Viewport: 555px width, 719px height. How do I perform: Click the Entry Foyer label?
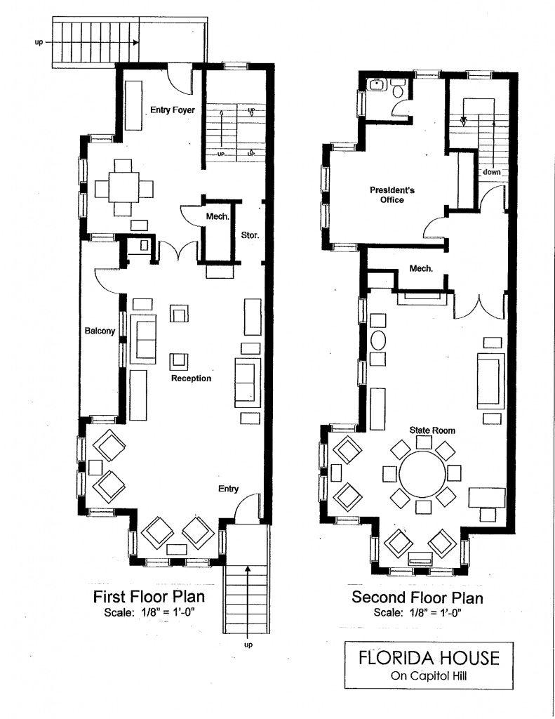point(173,110)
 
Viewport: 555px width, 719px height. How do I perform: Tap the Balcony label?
point(100,331)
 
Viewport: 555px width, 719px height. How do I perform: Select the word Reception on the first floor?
point(191,378)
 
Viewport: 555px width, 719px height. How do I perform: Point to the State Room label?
point(432,430)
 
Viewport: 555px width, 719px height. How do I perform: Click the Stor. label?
point(250,235)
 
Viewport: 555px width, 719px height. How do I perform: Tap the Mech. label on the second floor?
point(421,269)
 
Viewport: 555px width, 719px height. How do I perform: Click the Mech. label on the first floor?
point(218,216)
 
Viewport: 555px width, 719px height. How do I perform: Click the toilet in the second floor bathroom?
point(398,89)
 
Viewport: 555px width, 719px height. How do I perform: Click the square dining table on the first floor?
point(123,187)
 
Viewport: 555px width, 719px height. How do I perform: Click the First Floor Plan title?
point(149,597)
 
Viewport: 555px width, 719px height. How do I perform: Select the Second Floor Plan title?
point(417,598)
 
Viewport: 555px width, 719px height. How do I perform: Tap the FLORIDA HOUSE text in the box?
point(429,657)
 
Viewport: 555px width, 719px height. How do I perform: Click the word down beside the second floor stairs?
point(492,173)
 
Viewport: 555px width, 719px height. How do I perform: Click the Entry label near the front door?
point(228,489)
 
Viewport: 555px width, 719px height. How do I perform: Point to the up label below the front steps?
point(248,645)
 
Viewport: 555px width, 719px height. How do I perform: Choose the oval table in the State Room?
point(378,341)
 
